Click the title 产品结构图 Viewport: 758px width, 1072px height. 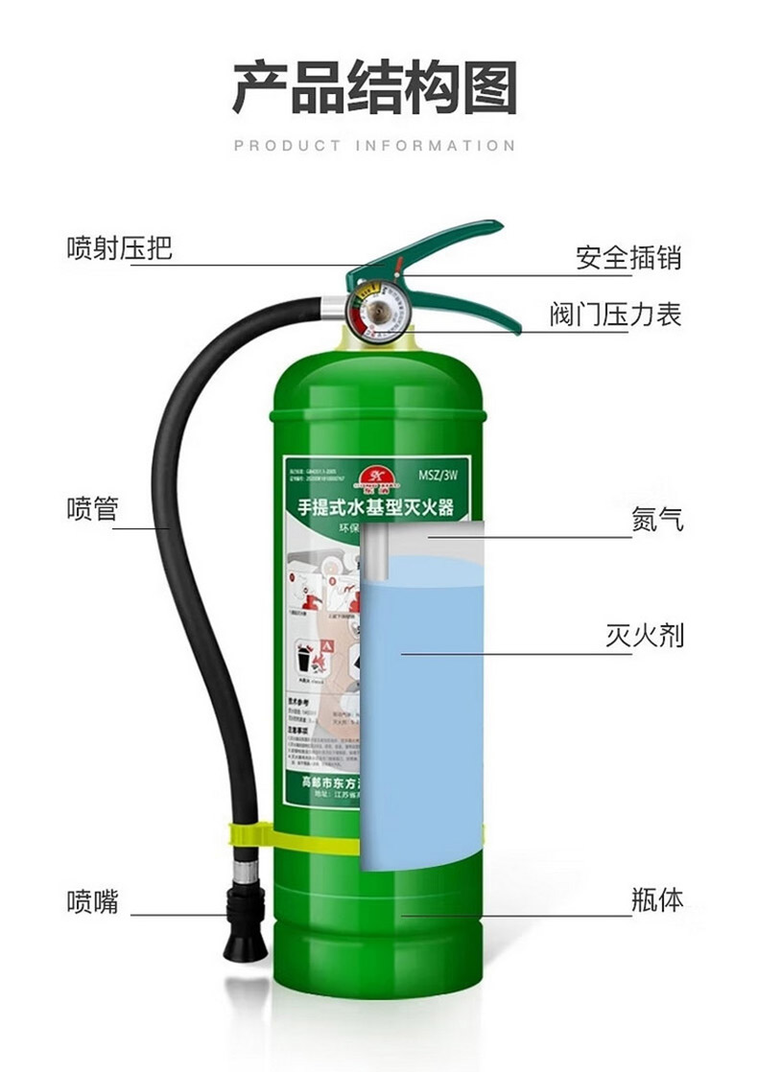coord(375,88)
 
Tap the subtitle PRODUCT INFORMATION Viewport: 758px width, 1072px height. coord(375,146)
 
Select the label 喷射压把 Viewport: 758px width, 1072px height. coord(119,248)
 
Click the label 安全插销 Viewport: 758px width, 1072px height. coord(628,257)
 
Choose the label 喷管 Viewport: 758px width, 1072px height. coord(92,508)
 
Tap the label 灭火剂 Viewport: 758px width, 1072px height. coord(645,635)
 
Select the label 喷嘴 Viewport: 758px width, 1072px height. coord(92,901)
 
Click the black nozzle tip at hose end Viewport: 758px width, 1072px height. coord(238,944)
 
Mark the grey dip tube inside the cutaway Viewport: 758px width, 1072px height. coord(371,556)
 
